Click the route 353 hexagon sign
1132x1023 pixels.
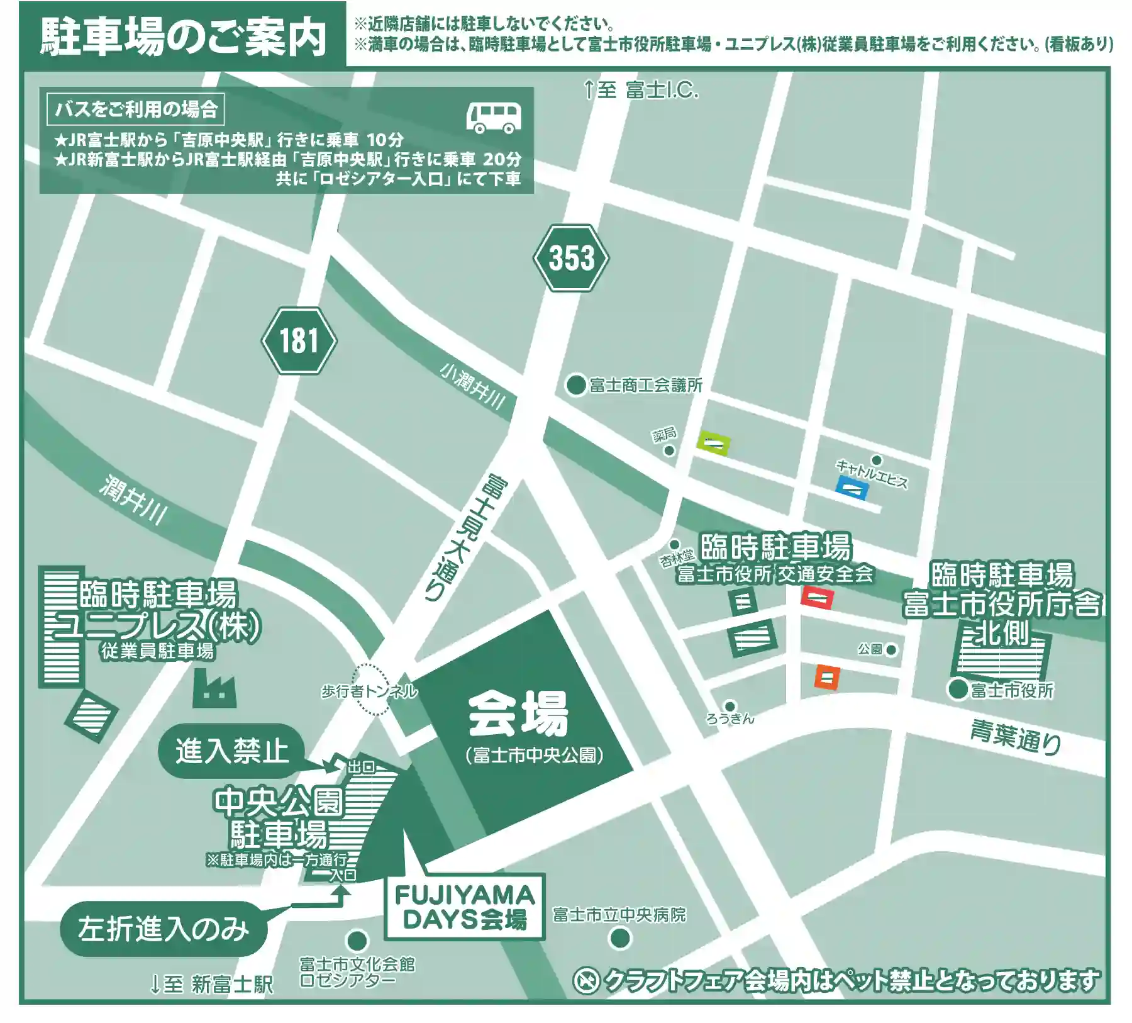(571, 258)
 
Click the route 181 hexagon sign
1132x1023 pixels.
(299, 341)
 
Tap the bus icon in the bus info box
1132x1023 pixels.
(494, 117)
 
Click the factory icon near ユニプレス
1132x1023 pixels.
(214, 688)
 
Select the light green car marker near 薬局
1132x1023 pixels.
(713, 444)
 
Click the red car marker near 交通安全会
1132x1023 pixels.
(817, 597)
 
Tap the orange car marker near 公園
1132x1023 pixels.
(827, 677)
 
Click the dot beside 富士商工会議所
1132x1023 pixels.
(576, 384)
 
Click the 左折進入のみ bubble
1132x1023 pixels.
(164, 929)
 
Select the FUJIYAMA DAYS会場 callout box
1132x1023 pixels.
(465, 907)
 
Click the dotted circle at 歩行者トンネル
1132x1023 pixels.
(370, 690)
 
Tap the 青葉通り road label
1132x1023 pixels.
(1015, 737)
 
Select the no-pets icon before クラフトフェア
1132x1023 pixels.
(586, 981)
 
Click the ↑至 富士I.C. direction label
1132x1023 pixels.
(640, 90)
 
